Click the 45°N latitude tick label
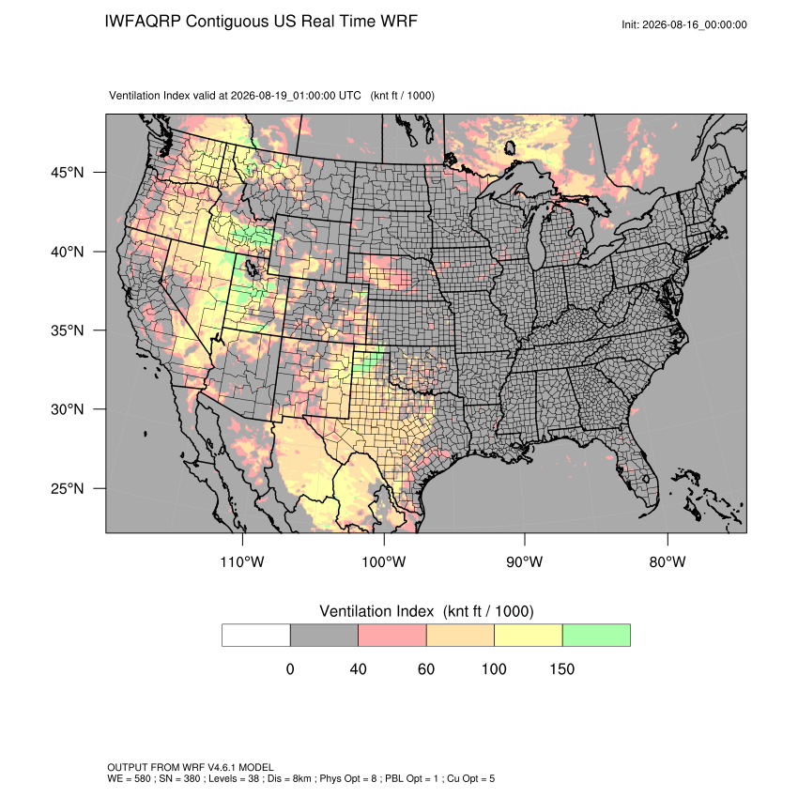coord(68,173)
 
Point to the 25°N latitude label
coord(68,488)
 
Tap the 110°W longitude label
coord(242,561)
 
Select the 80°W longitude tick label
coord(668,561)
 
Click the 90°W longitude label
coord(524,561)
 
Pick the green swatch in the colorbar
coord(596,636)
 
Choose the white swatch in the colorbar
coord(256,636)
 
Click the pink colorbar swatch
coord(392,636)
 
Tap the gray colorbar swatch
coord(324,636)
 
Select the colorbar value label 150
coord(561,668)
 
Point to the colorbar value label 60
coord(426,668)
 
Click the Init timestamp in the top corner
coord(684,24)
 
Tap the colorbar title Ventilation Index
coord(376,611)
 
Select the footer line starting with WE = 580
coord(300,778)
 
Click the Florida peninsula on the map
coord(638,468)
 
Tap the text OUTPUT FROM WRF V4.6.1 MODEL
coord(191,767)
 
